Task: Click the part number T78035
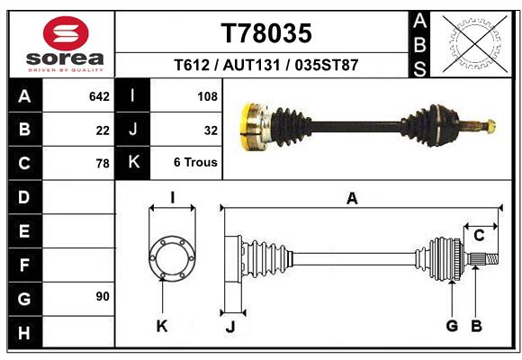[x=266, y=33]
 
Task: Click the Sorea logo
[x=66, y=42]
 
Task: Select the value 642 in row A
[x=99, y=95]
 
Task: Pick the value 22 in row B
[x=103, y=130]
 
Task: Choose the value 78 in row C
[x=103, y=164]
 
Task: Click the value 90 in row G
[x=103, y=296]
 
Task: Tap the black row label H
[x=24, y=333]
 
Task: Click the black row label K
[x=133, y=163]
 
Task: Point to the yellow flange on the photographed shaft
[x=252, y=126]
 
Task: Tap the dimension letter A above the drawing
[x=352, y=199]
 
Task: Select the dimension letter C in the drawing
[x=479, y=236]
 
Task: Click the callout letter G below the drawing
[x=452, y=325]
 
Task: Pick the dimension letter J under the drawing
[x=230, y=328]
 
